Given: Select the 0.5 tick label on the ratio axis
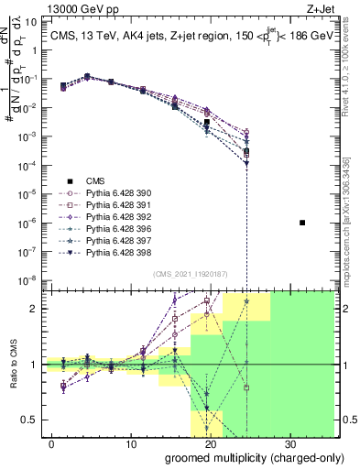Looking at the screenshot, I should (35, 420).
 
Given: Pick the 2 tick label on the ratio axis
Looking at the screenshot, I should (38, 309).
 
